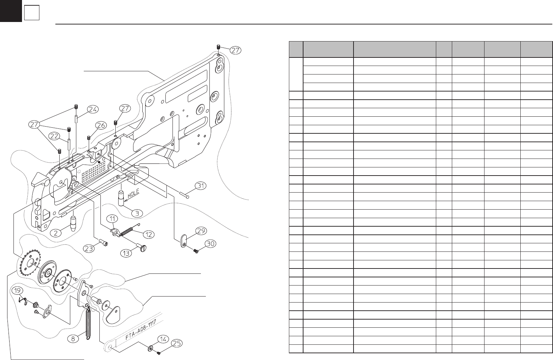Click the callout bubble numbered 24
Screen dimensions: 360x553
point(93,109)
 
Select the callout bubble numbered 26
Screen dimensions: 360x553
point(101,125)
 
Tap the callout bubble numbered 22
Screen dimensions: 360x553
point(54,136)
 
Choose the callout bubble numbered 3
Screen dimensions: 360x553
point(137,213)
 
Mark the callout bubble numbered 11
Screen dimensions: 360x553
point(113,218)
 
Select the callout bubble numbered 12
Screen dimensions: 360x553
point(149,235)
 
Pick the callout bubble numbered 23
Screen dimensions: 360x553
point(89,249)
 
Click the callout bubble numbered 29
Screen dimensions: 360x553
point(201,231)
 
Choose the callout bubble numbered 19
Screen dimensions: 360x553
point(17,290)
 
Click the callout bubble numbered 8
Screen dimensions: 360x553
point(73,338)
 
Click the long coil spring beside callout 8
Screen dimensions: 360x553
point(88,323)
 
